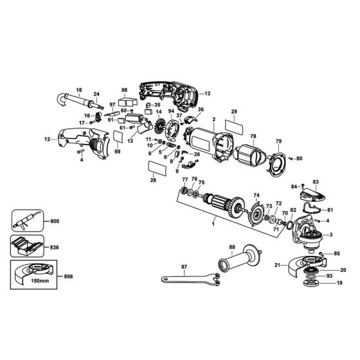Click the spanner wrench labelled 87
[186, 278]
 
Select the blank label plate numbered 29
[234, 125]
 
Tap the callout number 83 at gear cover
[316, 183]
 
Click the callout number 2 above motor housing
[213, 120]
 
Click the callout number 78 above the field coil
[253, 136]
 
